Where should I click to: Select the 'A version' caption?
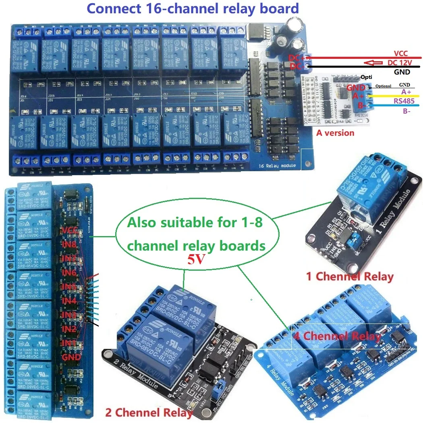click(x=336, y=133)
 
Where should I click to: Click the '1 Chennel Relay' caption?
click(x=350, y=276)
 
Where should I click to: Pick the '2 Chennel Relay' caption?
click(x=149, y=412)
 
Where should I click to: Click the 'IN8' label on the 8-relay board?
click(x=69, y=243)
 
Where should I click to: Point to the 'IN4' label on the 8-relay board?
click(x=69, y=301)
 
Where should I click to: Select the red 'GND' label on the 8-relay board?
click(x=71, y=357)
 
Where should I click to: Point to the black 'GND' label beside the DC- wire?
click(x=402, y=72)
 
